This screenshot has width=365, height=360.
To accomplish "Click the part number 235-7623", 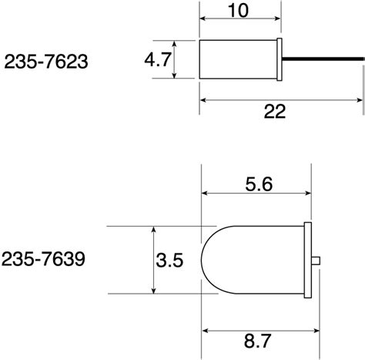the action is coord(46,62).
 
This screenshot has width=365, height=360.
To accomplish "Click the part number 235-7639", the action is coord(43,259).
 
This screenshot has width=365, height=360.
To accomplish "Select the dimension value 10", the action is coord(239,11).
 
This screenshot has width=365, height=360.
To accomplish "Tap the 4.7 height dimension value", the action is coord(158,59).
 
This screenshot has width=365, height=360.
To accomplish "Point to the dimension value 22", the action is coord(275,111).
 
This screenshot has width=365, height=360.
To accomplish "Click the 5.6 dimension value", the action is coord(259,184).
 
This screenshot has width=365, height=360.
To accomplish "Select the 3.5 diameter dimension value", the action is coord(169,260).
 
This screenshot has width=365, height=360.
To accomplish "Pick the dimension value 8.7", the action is coord(257,341).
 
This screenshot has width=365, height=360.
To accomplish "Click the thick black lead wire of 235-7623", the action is coord(323,59).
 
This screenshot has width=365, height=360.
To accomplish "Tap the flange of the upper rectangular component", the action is coord(280,59).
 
